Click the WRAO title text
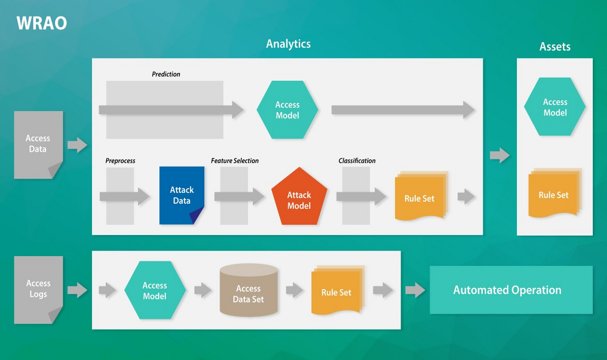(x=41, y=23)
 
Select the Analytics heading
(x=288, y=44)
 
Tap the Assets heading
(x=555, y=47)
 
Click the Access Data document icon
(x=38, y=144)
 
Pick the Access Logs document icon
(x=38, y=289)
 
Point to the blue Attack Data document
(x=182, y=195)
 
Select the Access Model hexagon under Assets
(x=555, y=107)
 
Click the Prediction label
(x=166, y=74)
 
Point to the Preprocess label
(x=120, y=161)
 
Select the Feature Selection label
(x=235, y=161)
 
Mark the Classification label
(x=357, y=161)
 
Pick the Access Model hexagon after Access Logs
(x=155, y=290)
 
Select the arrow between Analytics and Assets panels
(x=500, y=155)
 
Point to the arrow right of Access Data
(x=77, y=145)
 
